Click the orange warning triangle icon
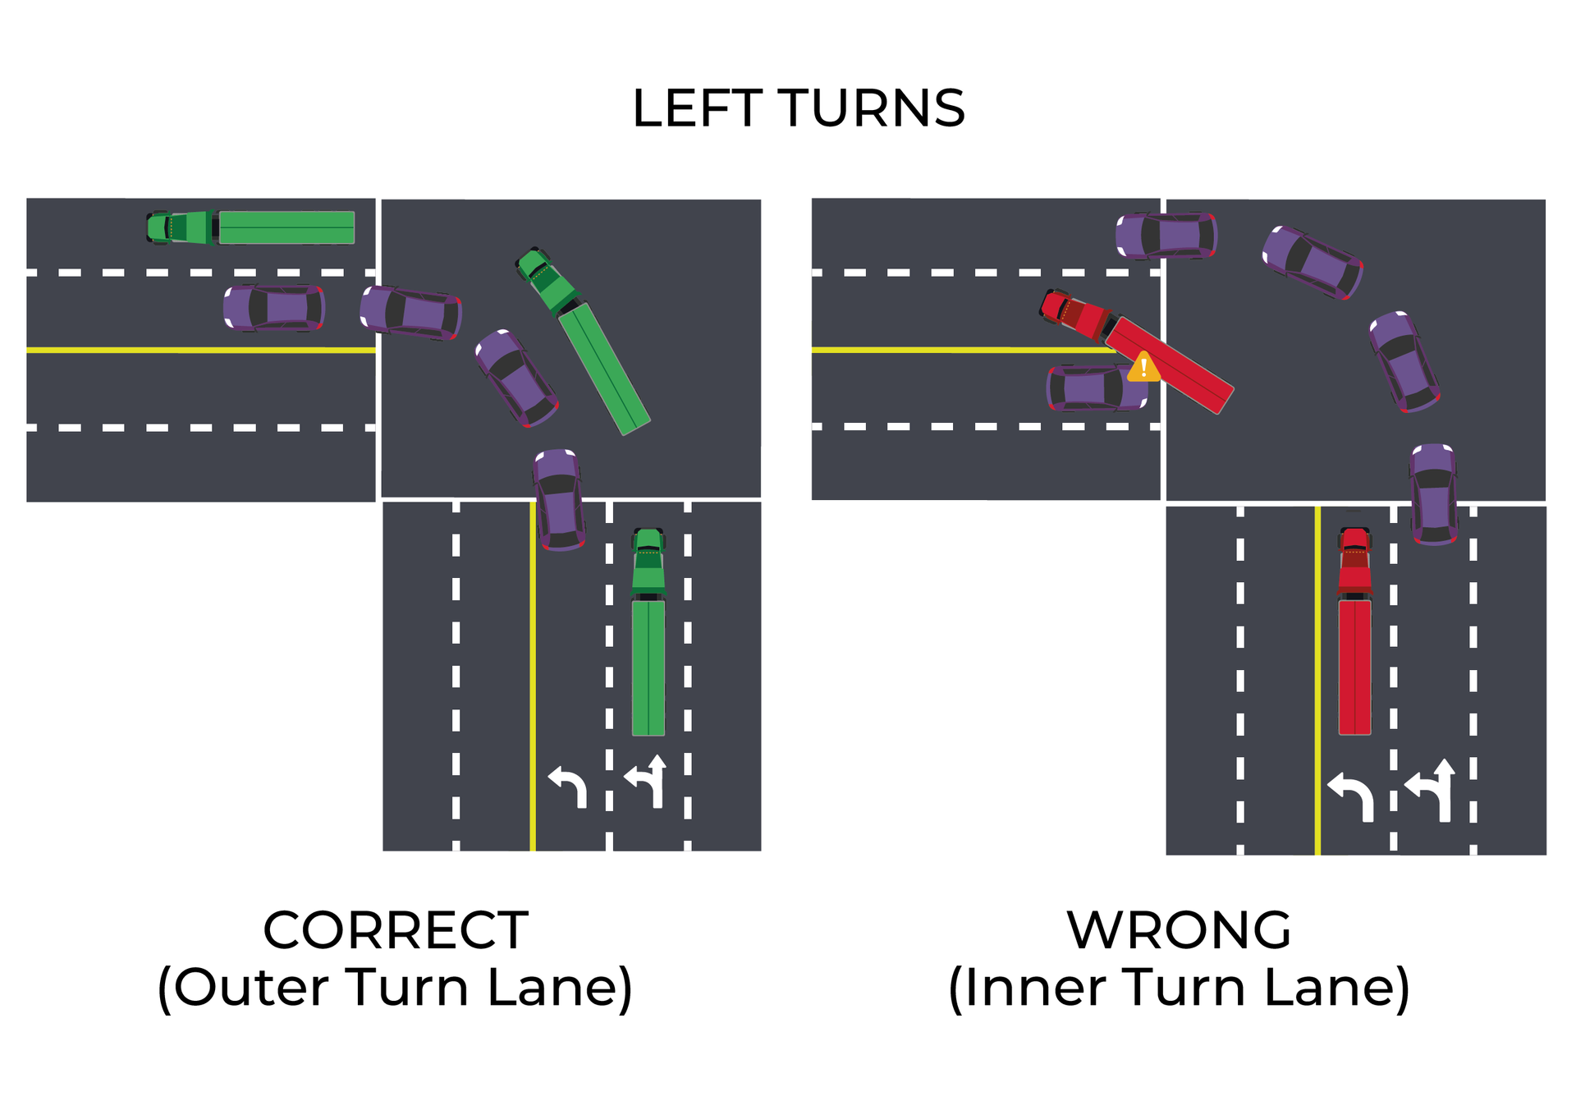pos(1143,369)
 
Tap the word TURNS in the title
pos(871,108)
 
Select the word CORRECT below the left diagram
pos(396,930)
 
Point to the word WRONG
pos(1179,930)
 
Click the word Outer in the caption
pos(250,987)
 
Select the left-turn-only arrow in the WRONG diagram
pos(1351,795)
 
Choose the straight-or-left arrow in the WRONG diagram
pos(1432,790)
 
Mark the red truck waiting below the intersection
pos(1354,632)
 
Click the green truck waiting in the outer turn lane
pos(648,632)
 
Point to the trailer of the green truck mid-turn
pos(604,368)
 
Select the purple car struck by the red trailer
pos(1096,388)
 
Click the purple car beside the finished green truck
pos(274,308)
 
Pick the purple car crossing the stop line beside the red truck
pos(1434,493)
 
